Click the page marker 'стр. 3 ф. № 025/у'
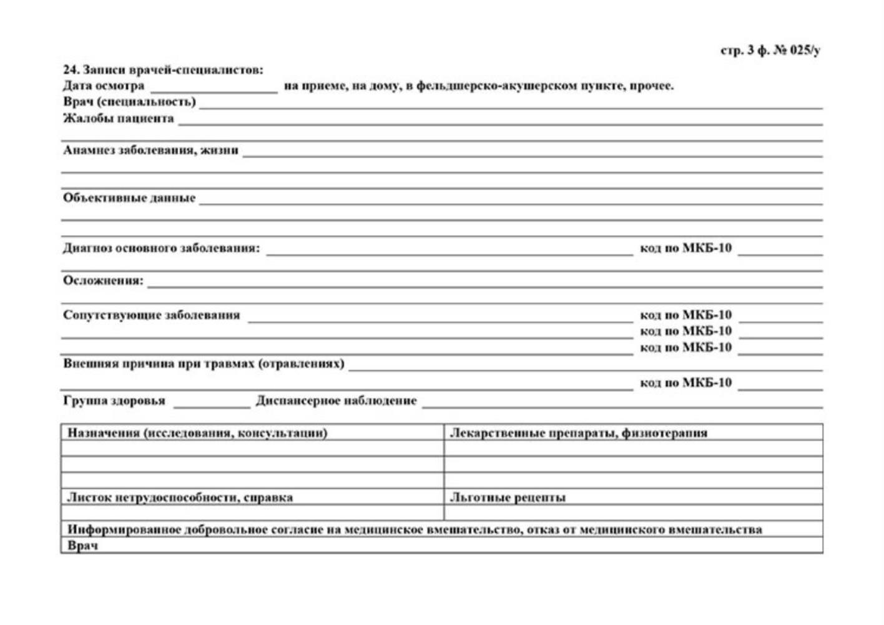point(770,51)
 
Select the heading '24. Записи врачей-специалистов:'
point(163,69)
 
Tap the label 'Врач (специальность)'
point(129,102)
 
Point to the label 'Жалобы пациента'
point(119,118)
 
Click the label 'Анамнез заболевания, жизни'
point(150,150)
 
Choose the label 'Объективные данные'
point(129,198)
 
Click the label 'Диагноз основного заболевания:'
point(161,248)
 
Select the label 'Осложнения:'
point(103,281)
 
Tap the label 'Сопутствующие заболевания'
point(151,315)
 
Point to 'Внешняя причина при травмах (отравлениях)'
point(204,364)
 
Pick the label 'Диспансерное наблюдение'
point(336,401)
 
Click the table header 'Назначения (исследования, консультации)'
point(197,432)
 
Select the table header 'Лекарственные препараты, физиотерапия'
point(579,432)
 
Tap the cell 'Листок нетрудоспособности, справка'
point(180,497)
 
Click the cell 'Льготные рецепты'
point(508,497)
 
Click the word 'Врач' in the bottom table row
point(82,546)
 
